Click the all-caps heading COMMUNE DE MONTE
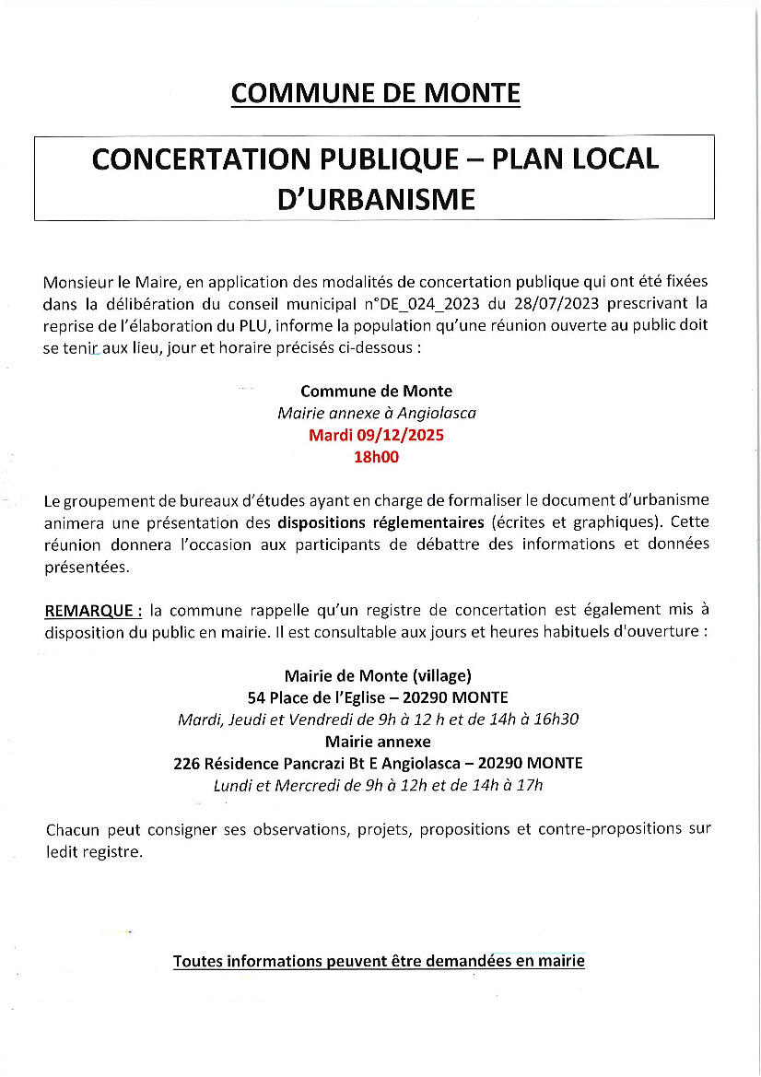pyautogui.click(x=375, y=93)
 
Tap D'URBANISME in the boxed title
pyautogui.click(x=375, y=199)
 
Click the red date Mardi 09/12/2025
pyautogui.click(x=376, y=435)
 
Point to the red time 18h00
pyautogui.click(x=376, y=455)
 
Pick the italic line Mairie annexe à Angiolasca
pyautogui.click(x=376, y=414)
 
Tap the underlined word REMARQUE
pyautogui.click(x=89, y=610)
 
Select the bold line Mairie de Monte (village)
pyautogui.click(x=378, y=674)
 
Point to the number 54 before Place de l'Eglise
pyautogui.click(x=256, y=697)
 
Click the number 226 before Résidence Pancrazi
pyautogui.click(x=186, y=764)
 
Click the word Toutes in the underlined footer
pyautogui.click(x=197, y=962)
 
